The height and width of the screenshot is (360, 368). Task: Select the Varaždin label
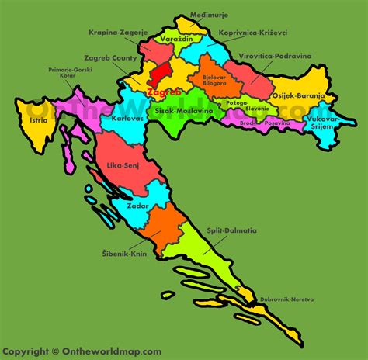pos(177,38)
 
